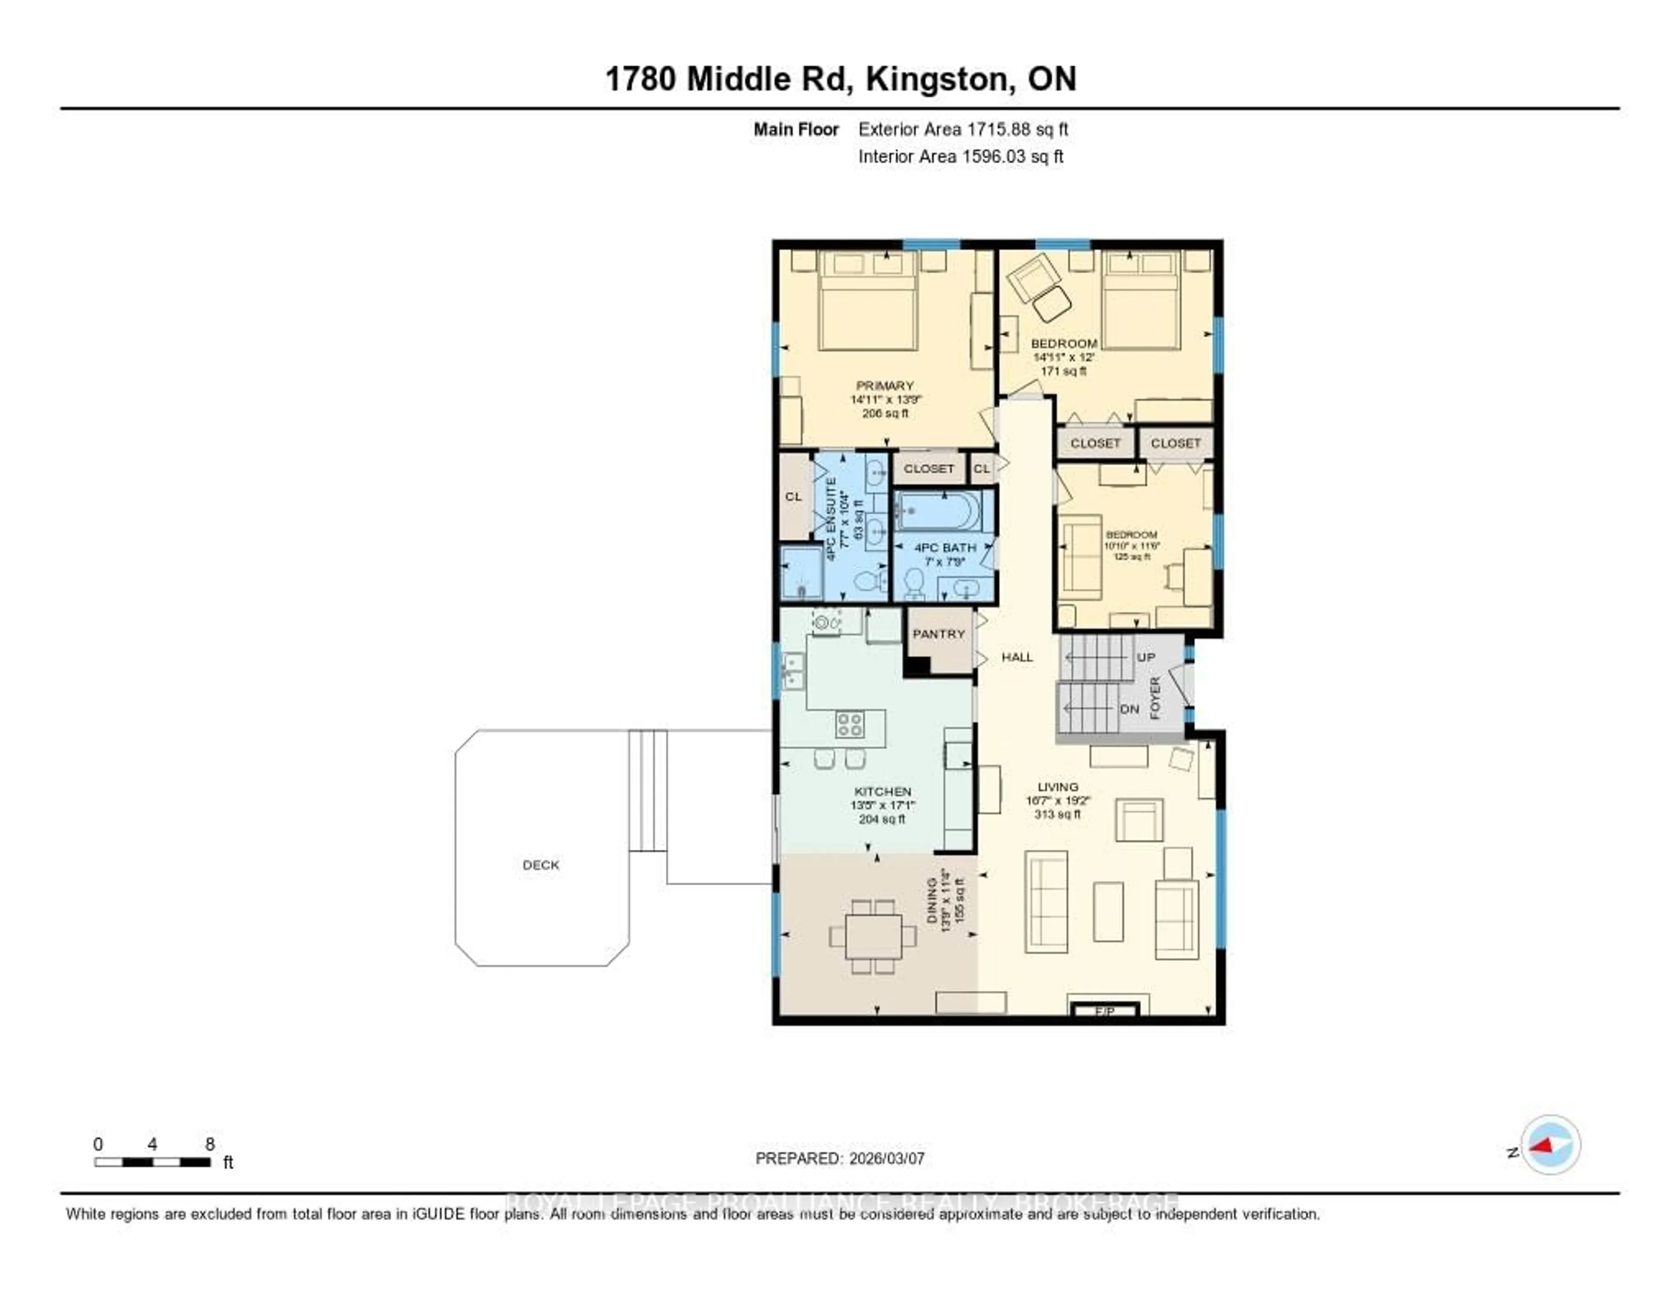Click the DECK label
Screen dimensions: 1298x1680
pos(541,865)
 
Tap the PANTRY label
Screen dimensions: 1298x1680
pos(938,634)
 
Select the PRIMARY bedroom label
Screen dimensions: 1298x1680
pos(885,386)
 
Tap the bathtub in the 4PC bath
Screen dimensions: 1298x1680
pos(938,512)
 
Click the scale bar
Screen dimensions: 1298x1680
pos(152,1162)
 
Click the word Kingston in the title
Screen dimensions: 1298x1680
pos(937,79)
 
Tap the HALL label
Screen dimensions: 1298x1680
pos(1017,657)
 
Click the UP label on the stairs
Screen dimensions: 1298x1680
pos(1146,657)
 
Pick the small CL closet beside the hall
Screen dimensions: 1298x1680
pos(982,469)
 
